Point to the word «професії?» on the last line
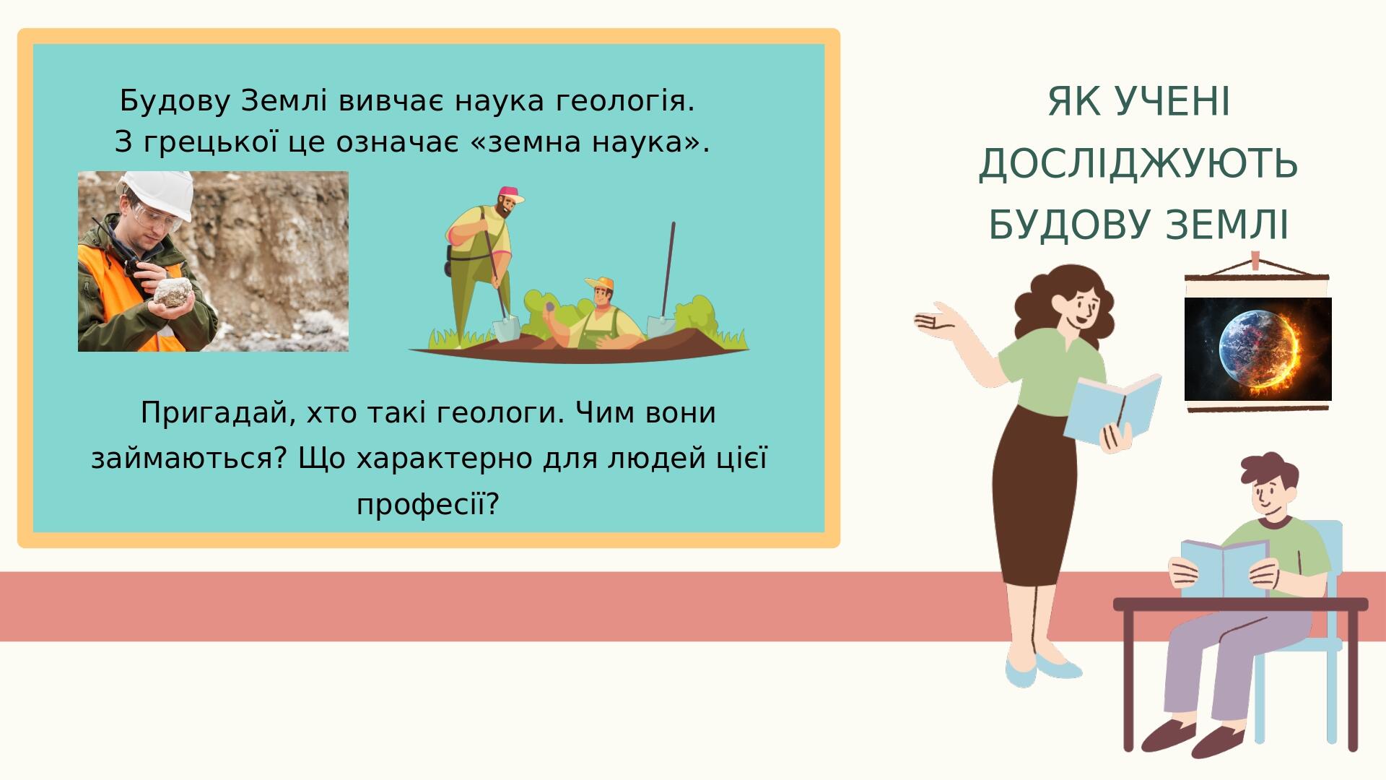tap(428, 504)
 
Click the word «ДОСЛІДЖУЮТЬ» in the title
tap(1138, 163)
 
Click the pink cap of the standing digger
tap(510, 194)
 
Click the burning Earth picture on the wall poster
tap(1258, 350)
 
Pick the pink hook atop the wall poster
tap(1256, 260)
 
